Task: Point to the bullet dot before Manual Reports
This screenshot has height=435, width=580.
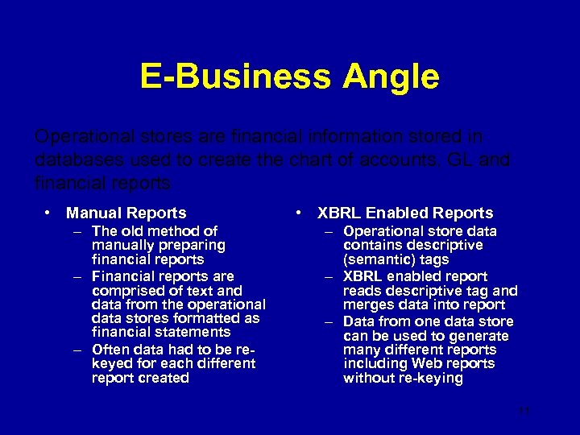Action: [x=49, y=213]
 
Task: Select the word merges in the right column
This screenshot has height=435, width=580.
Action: [x=365, y=304]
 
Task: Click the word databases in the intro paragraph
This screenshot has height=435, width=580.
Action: [x=71, y=159]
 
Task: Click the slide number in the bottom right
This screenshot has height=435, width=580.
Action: [x=524, y=411]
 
